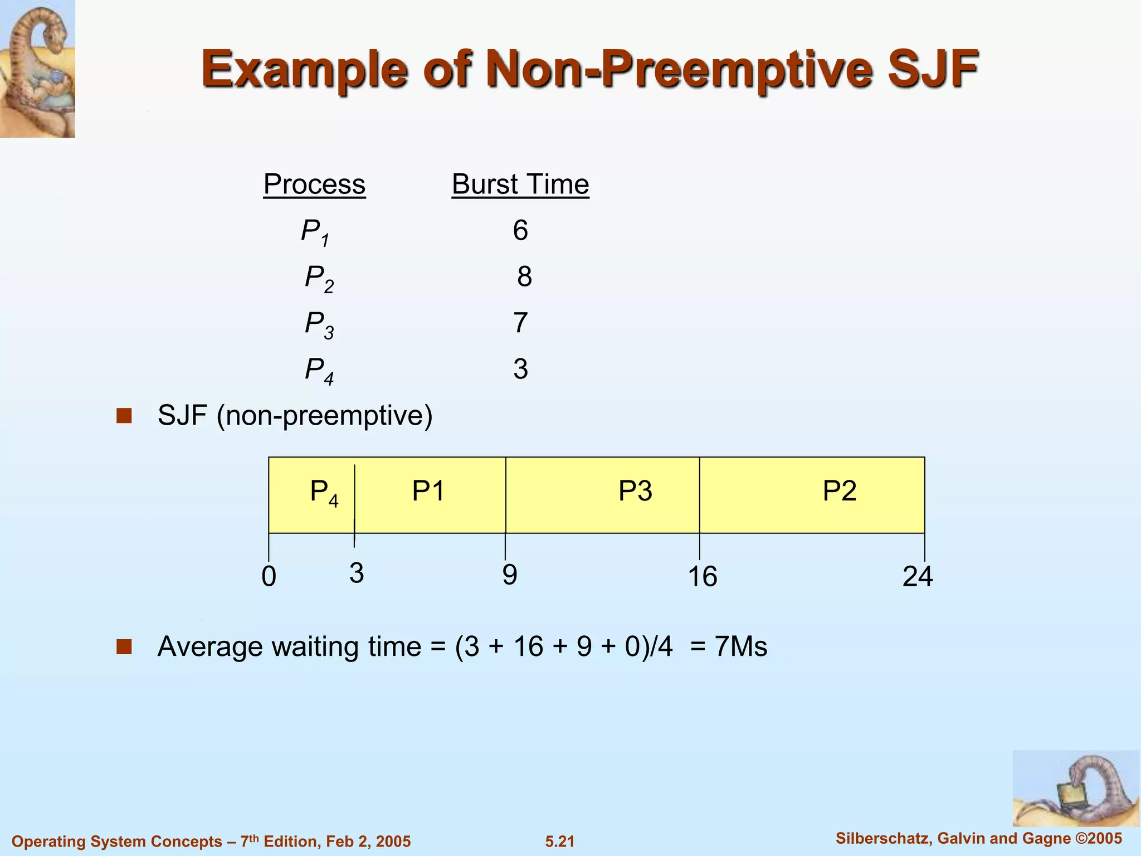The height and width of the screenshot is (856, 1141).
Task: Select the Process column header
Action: click(x=314, y=184)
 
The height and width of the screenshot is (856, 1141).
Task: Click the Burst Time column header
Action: click(x=520, y=184)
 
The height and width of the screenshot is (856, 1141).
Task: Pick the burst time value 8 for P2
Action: click(x=524, y=276)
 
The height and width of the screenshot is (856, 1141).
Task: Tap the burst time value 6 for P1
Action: click(x=520, y=230)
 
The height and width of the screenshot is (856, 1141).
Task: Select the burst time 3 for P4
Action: click(x=520, y=369)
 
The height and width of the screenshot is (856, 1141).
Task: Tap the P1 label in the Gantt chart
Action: click(x=428, y=491)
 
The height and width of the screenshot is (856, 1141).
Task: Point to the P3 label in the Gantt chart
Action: click(x=635, y=491)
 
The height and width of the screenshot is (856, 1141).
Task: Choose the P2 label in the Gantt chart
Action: click(x=839, y=491)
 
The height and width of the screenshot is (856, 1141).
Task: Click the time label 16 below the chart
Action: click(x=702, y=576)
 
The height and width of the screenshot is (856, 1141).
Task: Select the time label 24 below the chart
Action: click(x=917, y=576)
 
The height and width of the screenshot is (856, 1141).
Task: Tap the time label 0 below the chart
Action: click(x=269, y=576)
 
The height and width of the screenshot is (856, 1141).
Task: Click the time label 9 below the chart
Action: click(x=509, y=575)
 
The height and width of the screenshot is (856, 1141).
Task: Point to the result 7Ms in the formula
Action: click(x=740, y=646)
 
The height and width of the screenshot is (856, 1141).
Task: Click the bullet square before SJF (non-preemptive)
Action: click(x=124, y=416)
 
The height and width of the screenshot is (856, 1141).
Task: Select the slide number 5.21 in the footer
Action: click(x=559, y=842)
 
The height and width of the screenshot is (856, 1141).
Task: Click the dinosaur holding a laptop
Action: click(x=1075, y=789)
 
